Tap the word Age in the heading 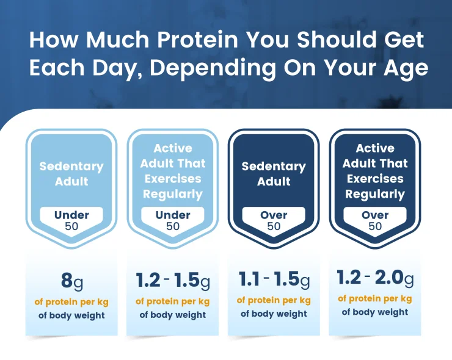click(401, 68)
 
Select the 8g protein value click(71, 282)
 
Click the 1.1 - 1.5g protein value click(274, 279)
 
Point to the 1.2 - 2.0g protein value click(375, 278)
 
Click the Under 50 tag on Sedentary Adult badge click(71, 220)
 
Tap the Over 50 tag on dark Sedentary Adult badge click(274, 220)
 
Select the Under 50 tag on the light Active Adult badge click(173, 220)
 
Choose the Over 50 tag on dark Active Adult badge click(375, 220)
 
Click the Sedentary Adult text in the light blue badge click(71, 173)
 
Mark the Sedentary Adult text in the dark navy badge click(274, 173)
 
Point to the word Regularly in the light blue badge click(173, 194)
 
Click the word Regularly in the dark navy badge click(375, 194)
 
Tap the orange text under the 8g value click(71, 301)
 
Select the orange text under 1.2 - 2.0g click(375, 298)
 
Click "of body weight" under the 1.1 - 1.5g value click(274, 314)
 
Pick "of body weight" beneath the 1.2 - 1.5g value click(173, 315)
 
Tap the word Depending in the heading click(213, 68)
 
